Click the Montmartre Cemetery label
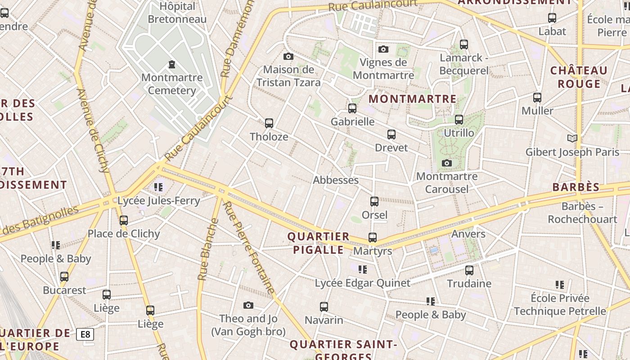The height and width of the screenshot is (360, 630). pyautogui.click(x=172, y=84)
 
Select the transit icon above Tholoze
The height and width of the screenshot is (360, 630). pyautogui.click(x=269, y=123)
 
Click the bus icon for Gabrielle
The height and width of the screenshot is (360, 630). pyautogui.click(x=352, y=108)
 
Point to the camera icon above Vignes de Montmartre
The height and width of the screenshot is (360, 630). pyautogui.click(x=383, y=49)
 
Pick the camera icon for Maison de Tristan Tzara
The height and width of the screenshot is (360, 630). pyautogui.click(x=288, y=56)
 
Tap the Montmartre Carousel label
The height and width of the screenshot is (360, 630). pyautogui.click(x=447, y=182)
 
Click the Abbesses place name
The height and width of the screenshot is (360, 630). pyautogui.click(x=336, y=180)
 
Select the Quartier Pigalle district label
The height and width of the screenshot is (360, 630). pyautogui.click(x=319, y=243)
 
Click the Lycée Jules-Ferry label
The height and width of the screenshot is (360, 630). pyautogui.click(x=158, y=201)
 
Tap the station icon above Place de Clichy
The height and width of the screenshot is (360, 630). pyautogui.click(x=124, y=220)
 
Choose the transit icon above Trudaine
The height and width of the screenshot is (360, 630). pyautogui.click(x=469, y=270)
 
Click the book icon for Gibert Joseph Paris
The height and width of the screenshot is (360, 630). pyautogui.click(x=572, y=138)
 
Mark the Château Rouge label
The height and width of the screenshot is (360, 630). pyautogui.click(x=579, y=77)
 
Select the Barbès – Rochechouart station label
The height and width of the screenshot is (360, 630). pyautogui.click(x=582, y=213)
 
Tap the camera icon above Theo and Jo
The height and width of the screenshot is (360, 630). pyautogui.click(x=248, y=306)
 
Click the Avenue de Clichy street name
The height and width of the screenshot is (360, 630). pyautogui.click(x=93, y=130)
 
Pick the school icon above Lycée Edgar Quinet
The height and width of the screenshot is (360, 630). pyautogui.click(x=363, y=270)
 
